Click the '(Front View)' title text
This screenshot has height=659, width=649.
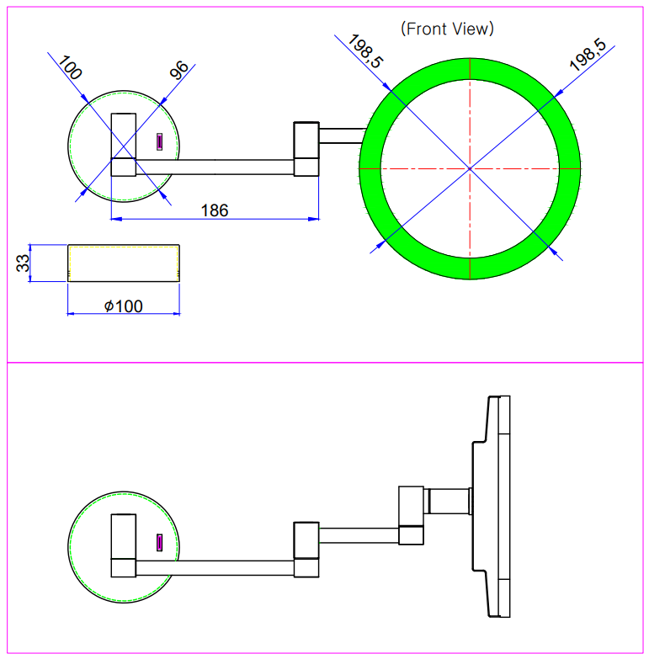[x=448, y=29]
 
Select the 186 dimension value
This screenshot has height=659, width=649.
[x=214, y=210]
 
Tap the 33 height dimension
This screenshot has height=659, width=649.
[x=23, y=263]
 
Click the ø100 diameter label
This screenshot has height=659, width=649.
[x=124, y=306]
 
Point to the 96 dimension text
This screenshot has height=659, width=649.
[x=179, y=71]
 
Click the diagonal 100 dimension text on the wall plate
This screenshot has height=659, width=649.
[x=70, y=68]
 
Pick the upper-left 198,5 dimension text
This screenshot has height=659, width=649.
[x=360, y=52]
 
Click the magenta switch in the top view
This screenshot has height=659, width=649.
[x=158, y=142]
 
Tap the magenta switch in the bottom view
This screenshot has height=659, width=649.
[x=158, y=543]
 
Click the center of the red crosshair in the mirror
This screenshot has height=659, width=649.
[x=470, y=168]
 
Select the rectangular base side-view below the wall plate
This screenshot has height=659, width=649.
[x=124, y=263]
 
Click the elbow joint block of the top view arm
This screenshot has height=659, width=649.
[x=306, y=150]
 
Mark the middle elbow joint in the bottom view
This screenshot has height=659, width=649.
[x=306, y=550]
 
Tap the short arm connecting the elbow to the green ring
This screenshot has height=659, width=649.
[x=340, y=133]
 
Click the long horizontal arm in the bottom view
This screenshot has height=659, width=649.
[x=215, y=567]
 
